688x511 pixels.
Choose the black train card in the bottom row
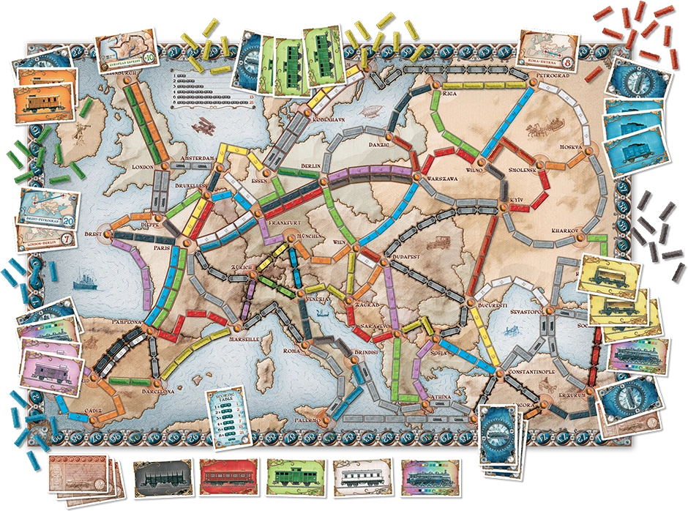[x=160, y=474]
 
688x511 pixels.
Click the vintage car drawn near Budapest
[x=443, y=241]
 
